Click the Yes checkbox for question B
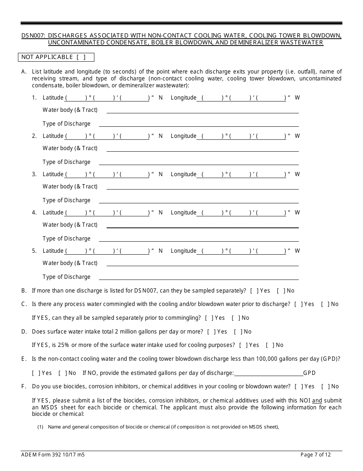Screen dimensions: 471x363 coord(254,291)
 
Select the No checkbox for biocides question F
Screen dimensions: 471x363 coord(325,386)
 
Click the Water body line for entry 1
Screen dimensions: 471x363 coord(203,111)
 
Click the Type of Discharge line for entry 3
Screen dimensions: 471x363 coord(199,201)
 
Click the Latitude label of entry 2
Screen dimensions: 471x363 coord(53,136)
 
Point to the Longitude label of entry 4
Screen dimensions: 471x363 coord(183,213)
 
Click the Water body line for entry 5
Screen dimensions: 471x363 coord(203,264)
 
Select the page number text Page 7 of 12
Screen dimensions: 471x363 coord(316,455)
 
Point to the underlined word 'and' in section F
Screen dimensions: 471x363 coord(317,401)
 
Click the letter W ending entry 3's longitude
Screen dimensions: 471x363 coord(297,174)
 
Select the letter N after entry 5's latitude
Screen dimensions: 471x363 coord(160,251)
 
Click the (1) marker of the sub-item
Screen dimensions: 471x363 coord(40,427)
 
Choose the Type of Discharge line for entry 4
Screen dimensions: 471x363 coord(199,239)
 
